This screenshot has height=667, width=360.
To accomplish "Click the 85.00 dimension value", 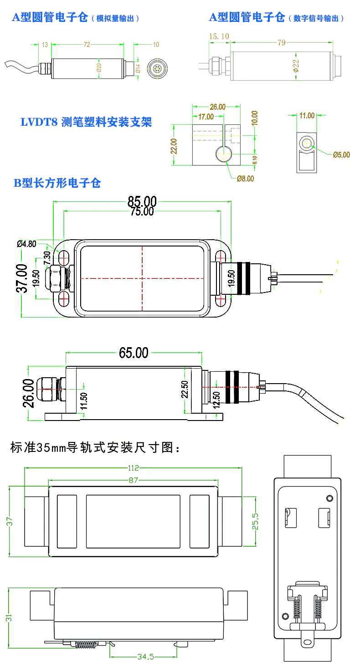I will pos(142,201).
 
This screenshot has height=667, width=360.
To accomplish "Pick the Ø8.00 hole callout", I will pos(245,179).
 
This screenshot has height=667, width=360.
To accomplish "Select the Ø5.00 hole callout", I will pos(341,154).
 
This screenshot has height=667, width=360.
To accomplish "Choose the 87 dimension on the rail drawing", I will pos(133,480).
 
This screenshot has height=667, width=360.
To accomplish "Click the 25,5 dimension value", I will pos(256,521).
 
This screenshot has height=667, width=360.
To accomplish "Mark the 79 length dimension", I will pos(281,43).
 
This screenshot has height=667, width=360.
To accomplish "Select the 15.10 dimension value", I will pos(219,36).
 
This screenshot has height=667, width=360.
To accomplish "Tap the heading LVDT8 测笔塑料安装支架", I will pos(86,122).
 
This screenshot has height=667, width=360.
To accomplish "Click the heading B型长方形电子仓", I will pos(57,183).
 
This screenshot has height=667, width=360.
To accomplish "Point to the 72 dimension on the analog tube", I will pos(87,45).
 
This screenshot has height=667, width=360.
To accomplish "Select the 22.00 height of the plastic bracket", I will pos(174,146).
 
